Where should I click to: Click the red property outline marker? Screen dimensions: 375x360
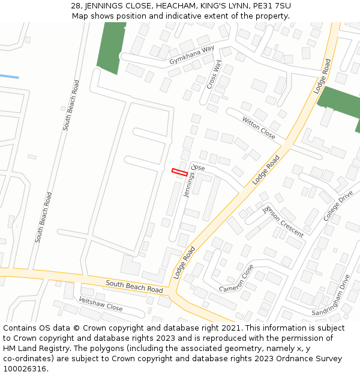click(179, 172)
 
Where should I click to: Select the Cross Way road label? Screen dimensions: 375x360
click(214, 74)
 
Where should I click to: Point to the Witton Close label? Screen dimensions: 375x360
click(259, 128)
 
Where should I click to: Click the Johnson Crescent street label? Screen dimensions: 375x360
click(283, 220)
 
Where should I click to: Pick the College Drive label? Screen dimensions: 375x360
click(338, 206)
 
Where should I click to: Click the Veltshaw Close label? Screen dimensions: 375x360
click(101, 304)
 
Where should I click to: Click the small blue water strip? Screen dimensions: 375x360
click(9, 76)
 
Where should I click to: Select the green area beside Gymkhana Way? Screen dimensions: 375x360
click(112, 48)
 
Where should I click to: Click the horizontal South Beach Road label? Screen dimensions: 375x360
click(134, 286)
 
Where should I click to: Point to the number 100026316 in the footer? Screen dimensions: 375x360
click(26, 368)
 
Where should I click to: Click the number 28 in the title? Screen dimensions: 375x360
click(76, 6)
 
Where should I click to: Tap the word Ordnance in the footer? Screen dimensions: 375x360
click(281, 359)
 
